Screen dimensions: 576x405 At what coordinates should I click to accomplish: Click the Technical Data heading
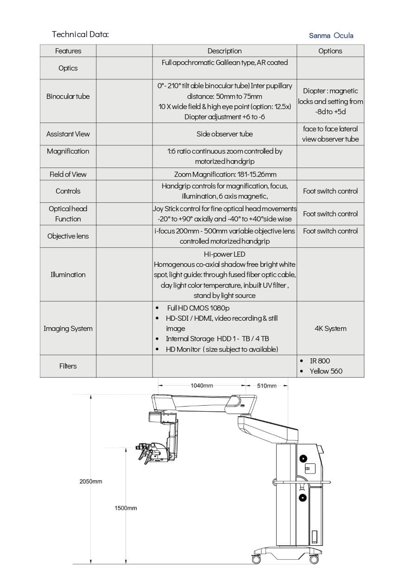(x=80, y=34)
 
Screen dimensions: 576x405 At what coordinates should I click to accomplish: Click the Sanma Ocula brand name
(x=331, y=35)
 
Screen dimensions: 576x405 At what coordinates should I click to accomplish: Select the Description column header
(x=224, y=51)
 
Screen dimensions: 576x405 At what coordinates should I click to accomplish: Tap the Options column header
(x=330, y=51)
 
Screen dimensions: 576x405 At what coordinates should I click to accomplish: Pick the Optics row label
(x=68, y=68)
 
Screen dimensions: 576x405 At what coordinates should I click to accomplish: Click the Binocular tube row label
(x=68, y=97)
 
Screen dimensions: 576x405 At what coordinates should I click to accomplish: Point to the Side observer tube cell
(x=224, y=134)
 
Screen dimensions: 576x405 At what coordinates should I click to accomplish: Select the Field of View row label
(x=68, y=175)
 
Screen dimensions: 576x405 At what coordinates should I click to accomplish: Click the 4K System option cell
(x=330, y=329)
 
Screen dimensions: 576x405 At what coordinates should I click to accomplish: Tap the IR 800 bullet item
(x=320, y=361)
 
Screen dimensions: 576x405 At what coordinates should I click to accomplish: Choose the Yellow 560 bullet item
(x=326, y=371)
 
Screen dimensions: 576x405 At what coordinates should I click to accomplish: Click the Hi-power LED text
(x=224, y=254)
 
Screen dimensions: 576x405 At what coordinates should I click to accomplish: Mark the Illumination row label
(x=68, y=275)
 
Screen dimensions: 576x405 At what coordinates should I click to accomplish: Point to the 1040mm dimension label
(x=202, y=386)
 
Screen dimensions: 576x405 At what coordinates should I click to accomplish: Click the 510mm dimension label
(x=266, y=386)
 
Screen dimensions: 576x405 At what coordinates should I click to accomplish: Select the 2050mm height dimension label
(x=90, y=482)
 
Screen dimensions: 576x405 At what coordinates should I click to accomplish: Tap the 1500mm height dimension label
(x=126, y=508)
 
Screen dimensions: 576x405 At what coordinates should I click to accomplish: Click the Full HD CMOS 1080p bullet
(x=198, y=308)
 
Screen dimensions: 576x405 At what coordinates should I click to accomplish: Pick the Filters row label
(x=68, y=366)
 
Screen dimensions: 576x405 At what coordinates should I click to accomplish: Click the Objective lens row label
(x=68, y=236)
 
